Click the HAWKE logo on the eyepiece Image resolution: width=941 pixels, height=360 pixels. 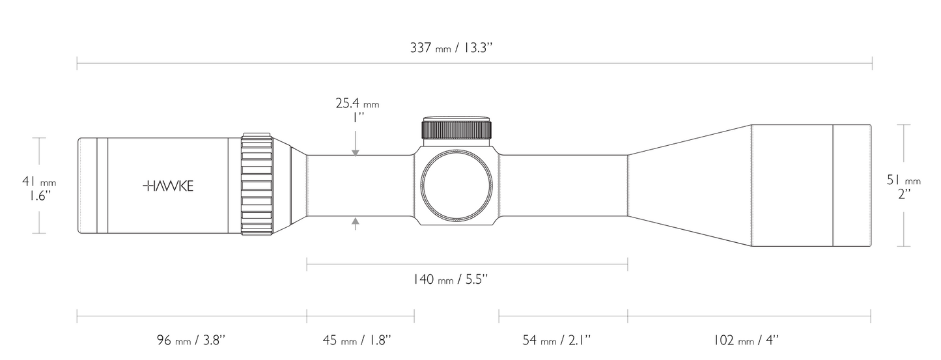(x=168, y=186)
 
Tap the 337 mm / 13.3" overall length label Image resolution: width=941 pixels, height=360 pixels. (x=451, y=48)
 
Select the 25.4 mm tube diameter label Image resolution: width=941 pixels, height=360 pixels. (x=357, y=109)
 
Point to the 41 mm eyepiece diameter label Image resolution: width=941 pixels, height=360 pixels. (x=39, y=189)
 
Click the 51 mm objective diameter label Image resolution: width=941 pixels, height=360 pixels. (x=904, y=187)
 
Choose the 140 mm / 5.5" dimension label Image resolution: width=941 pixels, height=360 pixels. (x=451, y=279)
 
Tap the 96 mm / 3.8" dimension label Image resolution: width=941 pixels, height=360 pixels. (x=191, y=340)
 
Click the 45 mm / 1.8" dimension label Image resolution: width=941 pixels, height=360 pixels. (x=357, y=340)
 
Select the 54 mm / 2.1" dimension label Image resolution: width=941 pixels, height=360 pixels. (x=556, y=340)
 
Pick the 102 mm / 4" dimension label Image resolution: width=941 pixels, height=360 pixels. (x=746, y=340)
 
